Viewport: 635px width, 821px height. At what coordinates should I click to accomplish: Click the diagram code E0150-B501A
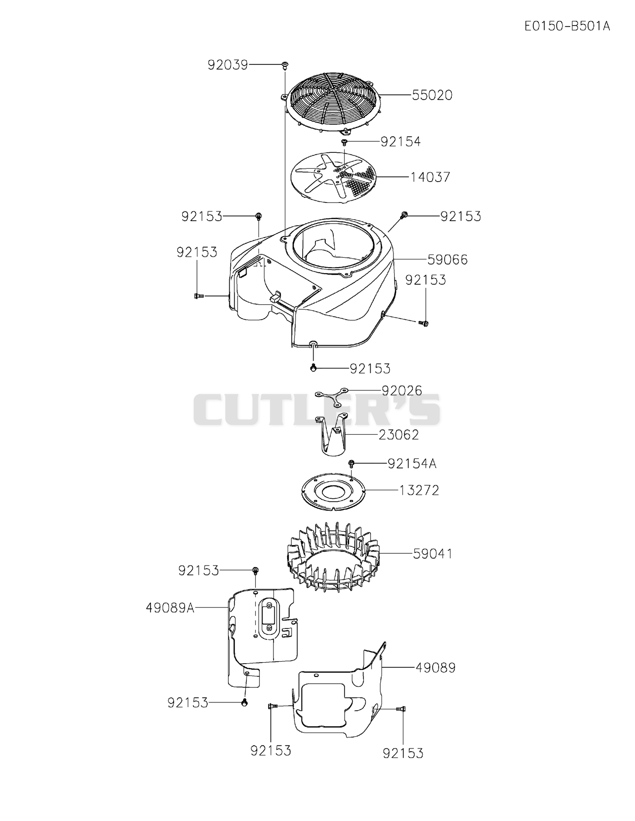(567, 26)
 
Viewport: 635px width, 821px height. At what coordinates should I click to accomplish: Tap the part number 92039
(227, 65)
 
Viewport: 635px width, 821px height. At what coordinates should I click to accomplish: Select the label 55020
(432, 95)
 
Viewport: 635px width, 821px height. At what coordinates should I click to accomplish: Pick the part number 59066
(448, 260)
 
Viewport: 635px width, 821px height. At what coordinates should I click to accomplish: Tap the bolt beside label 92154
(345, 143)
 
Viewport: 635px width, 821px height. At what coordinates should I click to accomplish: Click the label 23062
(399, 435)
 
